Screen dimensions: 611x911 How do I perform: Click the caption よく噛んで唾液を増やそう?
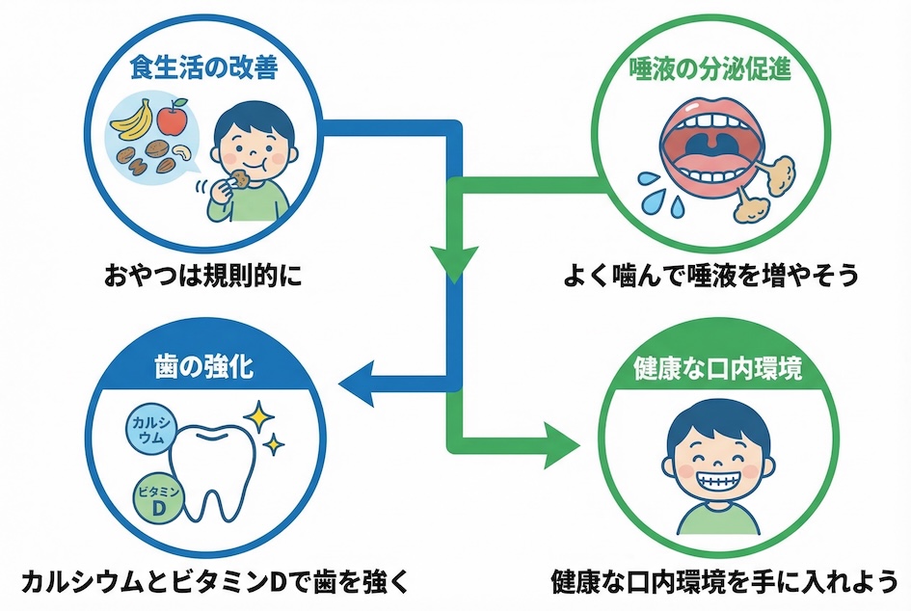tap(710, 278)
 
